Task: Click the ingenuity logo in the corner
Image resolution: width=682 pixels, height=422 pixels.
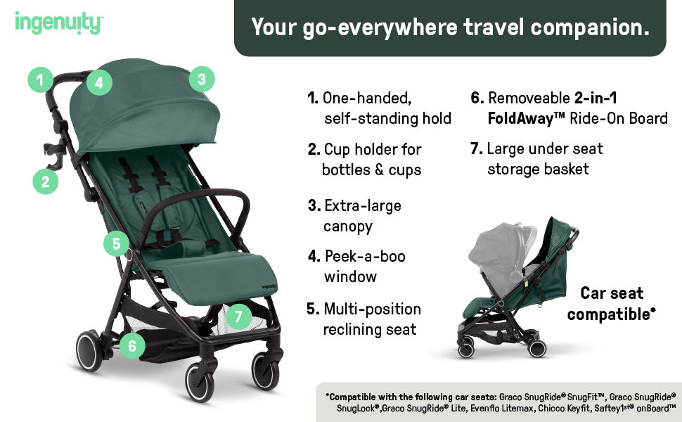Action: click(59, 23)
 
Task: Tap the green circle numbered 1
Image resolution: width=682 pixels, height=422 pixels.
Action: click(41, 79)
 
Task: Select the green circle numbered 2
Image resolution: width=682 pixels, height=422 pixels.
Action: click(46, 181)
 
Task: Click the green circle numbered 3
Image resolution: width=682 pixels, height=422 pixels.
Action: click(202, 79)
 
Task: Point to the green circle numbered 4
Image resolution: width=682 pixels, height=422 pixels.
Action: click(99, 82)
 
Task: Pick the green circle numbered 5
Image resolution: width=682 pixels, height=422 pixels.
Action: click(116, 243)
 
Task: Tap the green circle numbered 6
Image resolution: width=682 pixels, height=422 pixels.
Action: click(132, 346)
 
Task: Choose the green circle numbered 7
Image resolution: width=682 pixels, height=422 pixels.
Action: click(239, 316)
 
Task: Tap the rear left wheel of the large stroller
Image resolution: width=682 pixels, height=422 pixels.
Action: click(89, 351)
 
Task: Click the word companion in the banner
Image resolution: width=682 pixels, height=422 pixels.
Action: click(590, 27)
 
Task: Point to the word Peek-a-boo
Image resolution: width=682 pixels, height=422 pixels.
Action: click(365, 256)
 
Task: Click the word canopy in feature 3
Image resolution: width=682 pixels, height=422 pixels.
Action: click(348, 226)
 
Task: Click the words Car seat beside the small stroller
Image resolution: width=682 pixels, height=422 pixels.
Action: click(612, 293)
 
